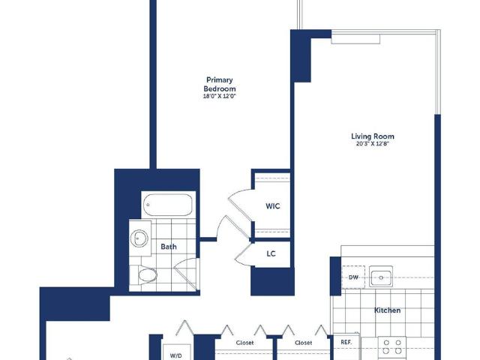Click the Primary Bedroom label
tap(220, 85)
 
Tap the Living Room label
tap(373, 136)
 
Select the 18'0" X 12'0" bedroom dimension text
tap(220, 96)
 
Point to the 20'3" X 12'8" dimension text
tap(373, 144)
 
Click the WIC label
tap(272, 206)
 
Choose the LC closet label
tap(271, 253)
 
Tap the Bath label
tap(168, 247)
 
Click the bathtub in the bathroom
tap(168, 205)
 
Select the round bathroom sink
tap(139, 238)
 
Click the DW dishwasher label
tap(353, 277)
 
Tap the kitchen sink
tap(381, 277)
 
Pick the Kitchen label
tap(387, 310)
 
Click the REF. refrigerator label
tap(346, 342)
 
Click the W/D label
tap(175, 355)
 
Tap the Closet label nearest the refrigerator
tap(303, 343)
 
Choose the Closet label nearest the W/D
tap(245, 343)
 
